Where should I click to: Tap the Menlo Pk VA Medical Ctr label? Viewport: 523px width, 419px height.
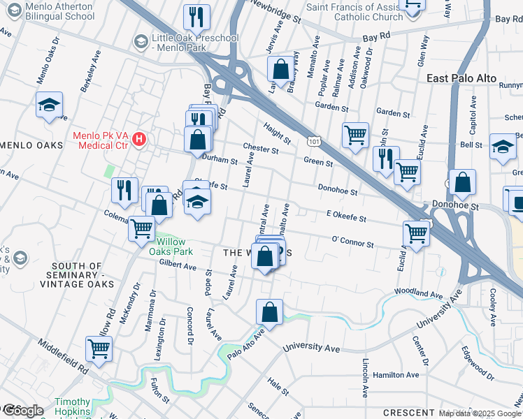click(x=101, y=140)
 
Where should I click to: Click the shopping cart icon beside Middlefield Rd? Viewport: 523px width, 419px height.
click(x=99, y=349)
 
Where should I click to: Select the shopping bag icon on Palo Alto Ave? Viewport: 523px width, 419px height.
click(x=270, y=312)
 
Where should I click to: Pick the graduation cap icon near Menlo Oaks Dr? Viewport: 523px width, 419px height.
click(x=49, y=105)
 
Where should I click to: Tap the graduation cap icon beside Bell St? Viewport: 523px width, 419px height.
click(x=502, y=147)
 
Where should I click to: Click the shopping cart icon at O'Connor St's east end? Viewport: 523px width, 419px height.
click(x=416, y=234)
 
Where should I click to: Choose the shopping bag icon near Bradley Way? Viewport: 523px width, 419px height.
click(x=280, y=70)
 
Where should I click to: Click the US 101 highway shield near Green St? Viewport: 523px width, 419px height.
click(x=313, y=141)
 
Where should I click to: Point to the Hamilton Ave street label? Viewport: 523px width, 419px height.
click(x=396, y=375)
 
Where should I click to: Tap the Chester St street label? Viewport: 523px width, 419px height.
click(x=261, y=148)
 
